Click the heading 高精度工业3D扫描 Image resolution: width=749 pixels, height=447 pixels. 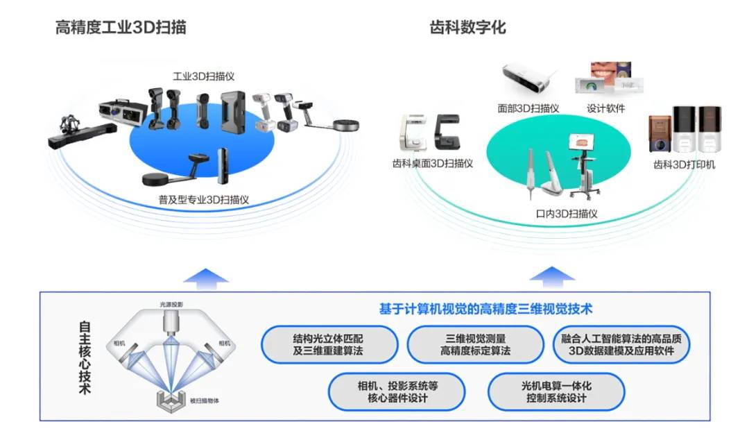click(121, 28)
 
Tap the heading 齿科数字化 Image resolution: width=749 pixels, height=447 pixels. click(468, 28)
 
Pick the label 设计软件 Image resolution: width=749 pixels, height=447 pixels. click(605, 108)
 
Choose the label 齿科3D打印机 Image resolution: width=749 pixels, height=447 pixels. click(684, 165)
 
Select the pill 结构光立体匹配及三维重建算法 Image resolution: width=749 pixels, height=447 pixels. click(329, 345)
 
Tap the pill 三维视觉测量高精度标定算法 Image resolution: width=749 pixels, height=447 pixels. click(475, 345)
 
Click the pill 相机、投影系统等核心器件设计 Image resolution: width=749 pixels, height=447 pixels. click(397, 391)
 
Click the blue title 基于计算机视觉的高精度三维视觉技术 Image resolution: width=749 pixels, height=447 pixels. click(485, 309)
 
